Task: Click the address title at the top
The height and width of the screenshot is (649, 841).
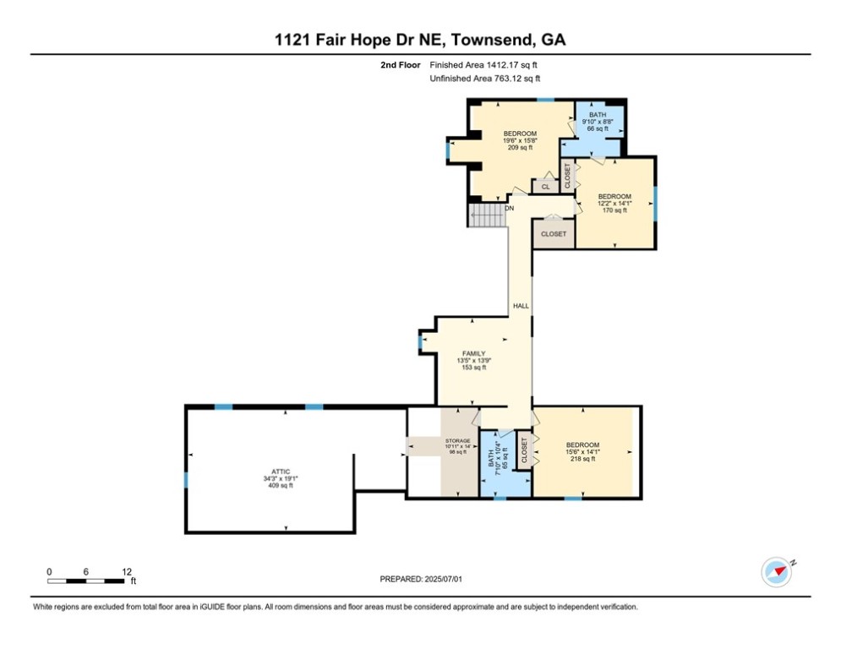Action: pos(420,39)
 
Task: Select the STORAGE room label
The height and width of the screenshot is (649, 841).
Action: pos(456,446)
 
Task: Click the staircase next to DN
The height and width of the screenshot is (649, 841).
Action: pos(485,215)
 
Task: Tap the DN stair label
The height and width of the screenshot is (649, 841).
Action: pos(509,208)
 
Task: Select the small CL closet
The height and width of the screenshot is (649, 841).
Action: pos(545,186)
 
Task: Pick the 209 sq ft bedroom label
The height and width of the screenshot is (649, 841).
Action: pos(520,140)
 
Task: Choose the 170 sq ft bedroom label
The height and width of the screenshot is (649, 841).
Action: pos(614,203)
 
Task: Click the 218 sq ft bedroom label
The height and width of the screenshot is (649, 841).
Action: pos(582,451)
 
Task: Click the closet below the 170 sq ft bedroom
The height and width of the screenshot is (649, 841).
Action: pos(553,233)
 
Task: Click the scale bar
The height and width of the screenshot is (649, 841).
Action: pos(88,580)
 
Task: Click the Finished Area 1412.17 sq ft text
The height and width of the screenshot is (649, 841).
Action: pos(484,65)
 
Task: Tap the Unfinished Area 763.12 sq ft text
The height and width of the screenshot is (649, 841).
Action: pos(484,79)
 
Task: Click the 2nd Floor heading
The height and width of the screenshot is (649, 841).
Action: pos(400,65)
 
